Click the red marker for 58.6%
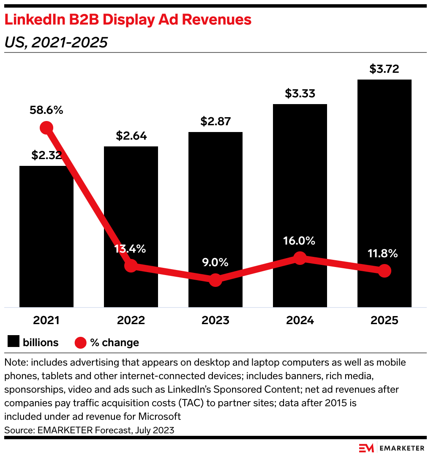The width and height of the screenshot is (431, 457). point(46,127)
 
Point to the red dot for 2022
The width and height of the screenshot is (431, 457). point(131,266)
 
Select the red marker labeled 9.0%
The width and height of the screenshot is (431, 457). point(215,280)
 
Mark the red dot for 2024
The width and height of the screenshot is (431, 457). point(300,258)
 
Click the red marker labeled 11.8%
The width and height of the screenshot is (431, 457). point(384,271)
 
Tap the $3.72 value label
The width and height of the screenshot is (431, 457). point(384,69)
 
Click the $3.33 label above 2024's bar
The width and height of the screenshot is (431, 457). point(300,94)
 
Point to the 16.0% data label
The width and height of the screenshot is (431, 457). point(300,241)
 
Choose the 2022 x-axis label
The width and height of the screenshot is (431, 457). point(131,320)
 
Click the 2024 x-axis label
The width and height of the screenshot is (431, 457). point(300,320)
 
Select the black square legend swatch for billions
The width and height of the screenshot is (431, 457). point(14,342)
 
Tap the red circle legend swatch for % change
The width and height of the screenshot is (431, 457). point(80,342)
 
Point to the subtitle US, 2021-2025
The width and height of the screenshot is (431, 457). point(55,42)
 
